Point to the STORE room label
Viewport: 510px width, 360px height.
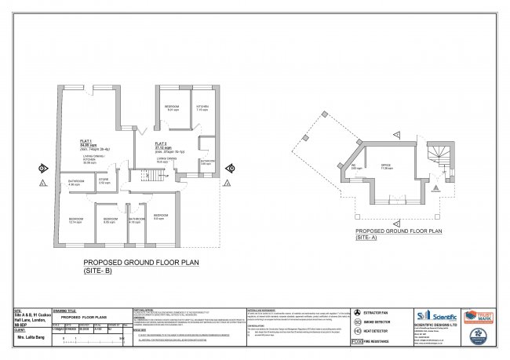point(104,180)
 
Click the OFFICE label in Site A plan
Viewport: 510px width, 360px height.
point(386,165)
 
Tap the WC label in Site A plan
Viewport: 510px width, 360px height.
point(356,165)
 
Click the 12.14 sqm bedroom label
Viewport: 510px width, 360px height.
point(75,220)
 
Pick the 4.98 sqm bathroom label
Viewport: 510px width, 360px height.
point(76,182)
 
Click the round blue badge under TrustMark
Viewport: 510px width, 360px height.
point(479,335)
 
